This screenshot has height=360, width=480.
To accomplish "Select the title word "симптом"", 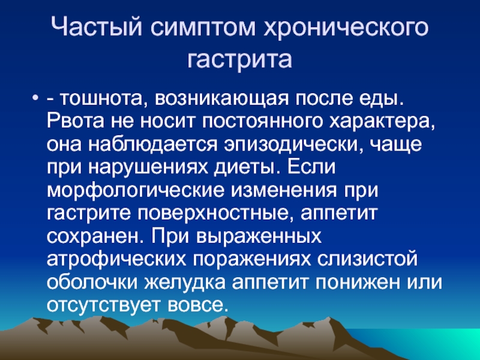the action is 203,28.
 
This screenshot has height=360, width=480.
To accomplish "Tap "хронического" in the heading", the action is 346,28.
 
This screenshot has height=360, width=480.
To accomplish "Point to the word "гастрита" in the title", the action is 239,59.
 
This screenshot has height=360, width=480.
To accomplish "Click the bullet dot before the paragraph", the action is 35,99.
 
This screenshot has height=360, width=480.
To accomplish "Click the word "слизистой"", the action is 367,260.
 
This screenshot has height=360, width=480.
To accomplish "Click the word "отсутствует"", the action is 103,306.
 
